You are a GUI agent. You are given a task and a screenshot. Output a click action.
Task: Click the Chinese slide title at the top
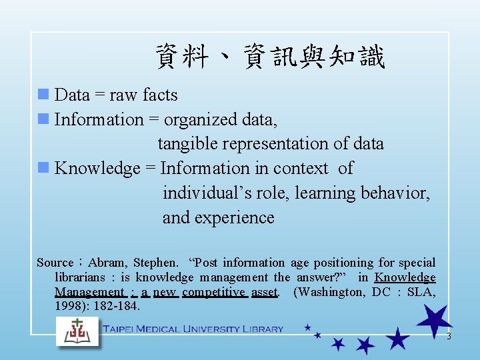270,57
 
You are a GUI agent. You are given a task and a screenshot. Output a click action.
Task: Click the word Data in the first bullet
72,95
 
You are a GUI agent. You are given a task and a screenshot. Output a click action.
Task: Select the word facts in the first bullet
160,95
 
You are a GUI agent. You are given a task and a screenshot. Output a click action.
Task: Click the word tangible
186,144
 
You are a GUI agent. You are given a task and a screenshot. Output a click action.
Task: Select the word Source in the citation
55,263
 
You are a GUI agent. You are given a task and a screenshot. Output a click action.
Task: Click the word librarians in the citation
79,278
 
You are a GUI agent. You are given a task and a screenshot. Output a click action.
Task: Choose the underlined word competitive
213,292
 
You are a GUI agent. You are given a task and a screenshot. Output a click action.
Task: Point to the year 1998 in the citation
68,307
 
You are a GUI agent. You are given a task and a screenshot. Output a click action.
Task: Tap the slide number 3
449,337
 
